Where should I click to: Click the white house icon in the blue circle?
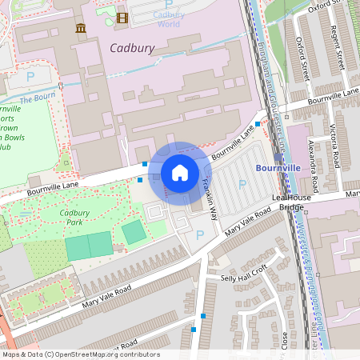pos(180,172)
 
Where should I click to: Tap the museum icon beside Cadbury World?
pos(80,30)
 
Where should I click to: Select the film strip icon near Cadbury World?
pos(122,18)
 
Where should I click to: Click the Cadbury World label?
pos(169,18)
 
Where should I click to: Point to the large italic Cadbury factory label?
pos(132,49)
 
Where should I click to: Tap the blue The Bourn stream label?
pos(36,98)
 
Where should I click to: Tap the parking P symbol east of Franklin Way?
pos(242,185)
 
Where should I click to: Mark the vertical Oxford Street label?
pos(303,58)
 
